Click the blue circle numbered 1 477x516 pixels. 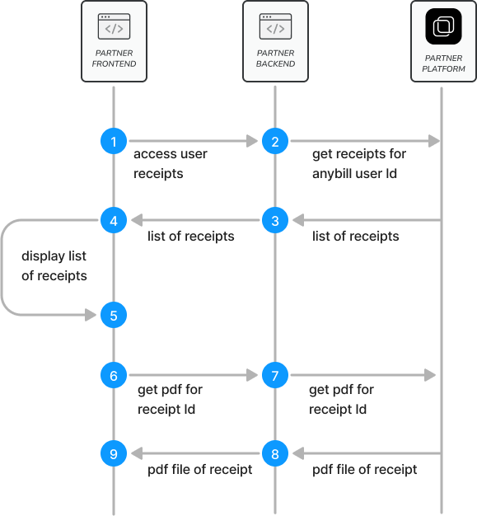click(114, 142)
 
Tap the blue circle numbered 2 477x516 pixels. click(275, 142)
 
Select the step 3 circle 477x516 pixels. click(275, 220)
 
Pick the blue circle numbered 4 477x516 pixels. click(114, 220)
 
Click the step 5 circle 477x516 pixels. click(114, 314)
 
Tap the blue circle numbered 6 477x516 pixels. click(114, 375)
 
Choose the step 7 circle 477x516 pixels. click(275, 375)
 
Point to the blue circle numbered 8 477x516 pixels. click(275, 453)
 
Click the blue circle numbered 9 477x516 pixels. click(114, 453)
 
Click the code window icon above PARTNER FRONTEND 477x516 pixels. click(114, 26)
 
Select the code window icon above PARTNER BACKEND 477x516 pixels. click(275, 26)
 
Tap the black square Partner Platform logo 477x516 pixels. click(444, 27)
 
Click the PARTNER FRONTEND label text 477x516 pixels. click(114, 59)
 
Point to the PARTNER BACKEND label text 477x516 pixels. click(275, 59)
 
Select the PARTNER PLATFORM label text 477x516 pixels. click(444, 63)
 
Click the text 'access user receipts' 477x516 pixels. click(170, 163)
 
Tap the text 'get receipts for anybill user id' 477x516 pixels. click(358, 163)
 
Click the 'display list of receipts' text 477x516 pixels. click(54, 265)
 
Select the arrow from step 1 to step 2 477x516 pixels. click(194, 142)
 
